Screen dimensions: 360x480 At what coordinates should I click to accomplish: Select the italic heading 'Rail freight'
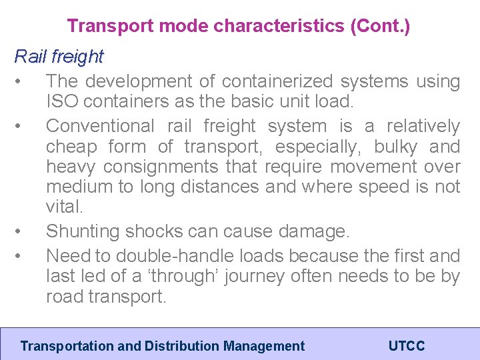pyautogui.click(x=59, y=57)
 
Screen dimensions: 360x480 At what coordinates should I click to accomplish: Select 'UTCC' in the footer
pyautogui.click(x=407, y=346)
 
